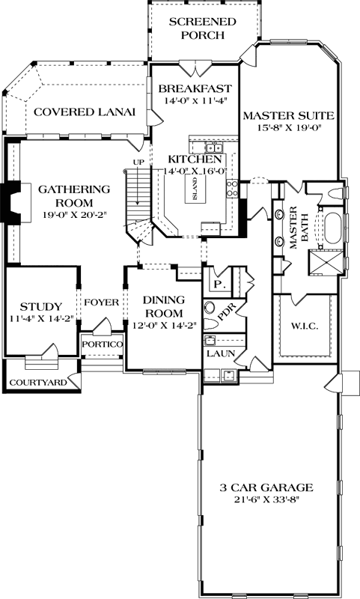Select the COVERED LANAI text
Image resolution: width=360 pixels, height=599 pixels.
(84, 112)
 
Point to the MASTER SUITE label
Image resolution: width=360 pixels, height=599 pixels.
(287, 115)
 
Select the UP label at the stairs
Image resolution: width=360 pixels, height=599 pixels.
(138, 162)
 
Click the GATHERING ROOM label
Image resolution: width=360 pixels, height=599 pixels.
(66, 195)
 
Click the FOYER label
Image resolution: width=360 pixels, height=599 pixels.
(101, 302)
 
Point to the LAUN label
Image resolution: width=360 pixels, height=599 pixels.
(218, 352)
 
